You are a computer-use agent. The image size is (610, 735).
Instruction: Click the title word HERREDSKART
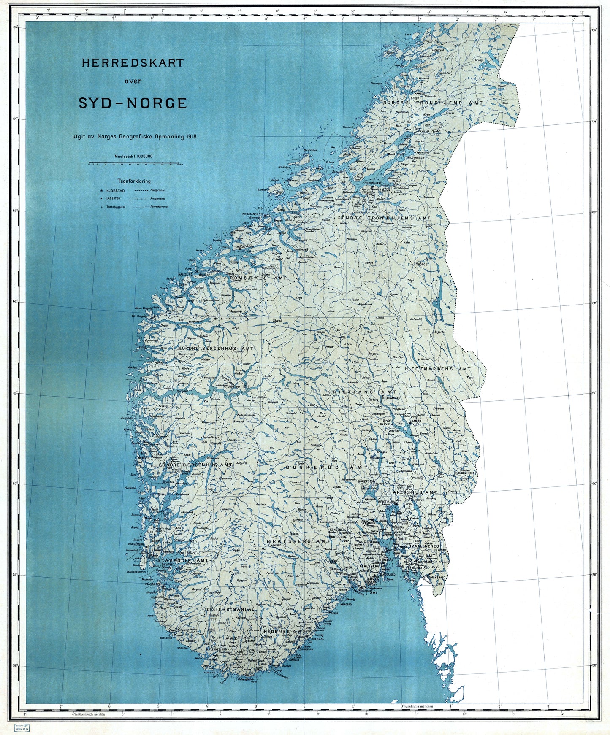pos(133,63)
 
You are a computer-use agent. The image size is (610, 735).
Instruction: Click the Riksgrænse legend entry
pos(150,191)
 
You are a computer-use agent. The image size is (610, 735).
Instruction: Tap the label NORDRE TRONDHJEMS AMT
pos(433,103)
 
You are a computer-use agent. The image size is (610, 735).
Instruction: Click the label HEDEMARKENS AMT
pos(438,369)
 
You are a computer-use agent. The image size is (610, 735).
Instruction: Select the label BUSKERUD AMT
pos(327,468)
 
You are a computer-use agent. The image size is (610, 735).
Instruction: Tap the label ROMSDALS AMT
pos(258,278)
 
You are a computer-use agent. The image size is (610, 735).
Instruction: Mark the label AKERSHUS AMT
pos(415,492)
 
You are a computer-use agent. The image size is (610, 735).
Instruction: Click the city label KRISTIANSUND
pos(252,214)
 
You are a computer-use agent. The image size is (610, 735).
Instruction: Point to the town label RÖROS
pos(422,264)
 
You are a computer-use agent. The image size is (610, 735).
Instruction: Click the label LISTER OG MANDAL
pos(230,610)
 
